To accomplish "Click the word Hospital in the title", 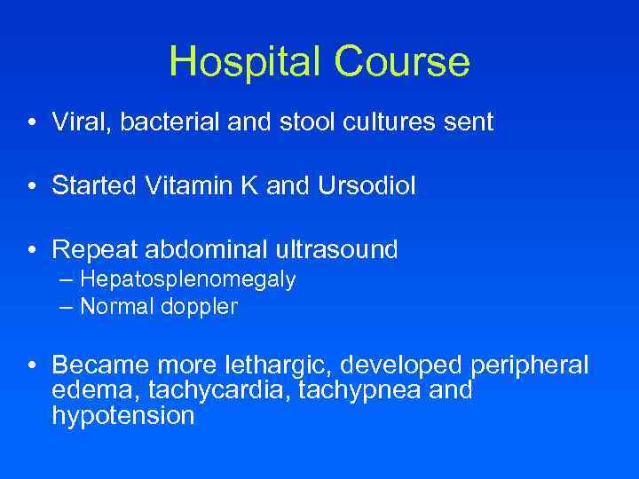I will pos(243,62).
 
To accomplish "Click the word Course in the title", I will pos(402,62).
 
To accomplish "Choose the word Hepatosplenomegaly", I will pos(187,280).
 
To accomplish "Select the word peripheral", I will pos(530,365).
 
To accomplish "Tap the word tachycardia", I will pos(219,390).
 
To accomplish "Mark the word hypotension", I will pos(122,415).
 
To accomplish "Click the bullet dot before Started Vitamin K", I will pos(31,185).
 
